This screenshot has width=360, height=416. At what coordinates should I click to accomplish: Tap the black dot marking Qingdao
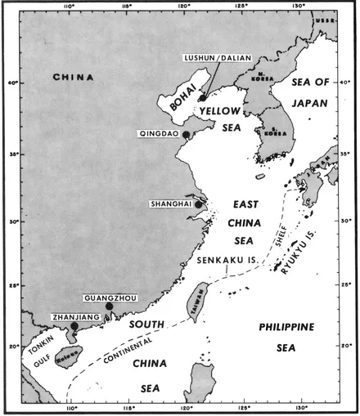(x=187, y=134)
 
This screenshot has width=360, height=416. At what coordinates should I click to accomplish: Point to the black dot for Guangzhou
(x=109, y=306)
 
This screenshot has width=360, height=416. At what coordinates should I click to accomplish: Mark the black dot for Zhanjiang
(x=74, y=326)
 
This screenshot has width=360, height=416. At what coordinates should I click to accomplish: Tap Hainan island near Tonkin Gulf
(x=62, y=360)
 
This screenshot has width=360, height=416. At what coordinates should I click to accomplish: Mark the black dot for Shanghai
(x=198, y=204)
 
